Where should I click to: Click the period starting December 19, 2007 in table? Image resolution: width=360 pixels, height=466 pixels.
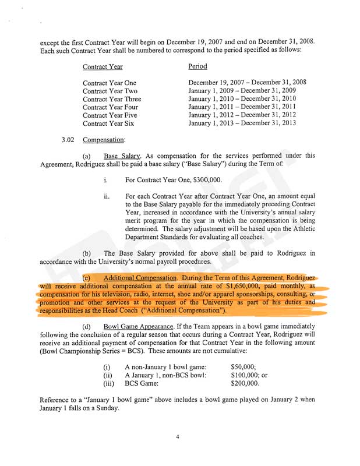pos(248,82)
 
